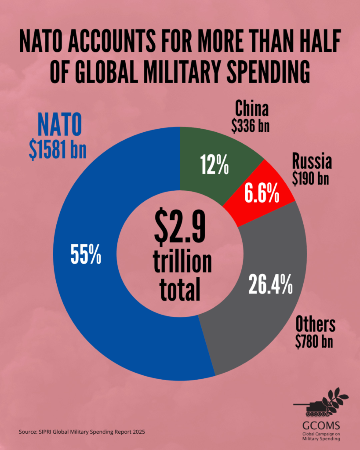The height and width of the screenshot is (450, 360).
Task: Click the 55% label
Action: coord(86,255)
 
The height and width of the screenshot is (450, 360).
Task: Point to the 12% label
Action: coord(215,165)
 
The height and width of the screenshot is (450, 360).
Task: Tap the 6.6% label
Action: coord(262,193)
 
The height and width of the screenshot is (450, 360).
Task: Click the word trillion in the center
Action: coord(182,262)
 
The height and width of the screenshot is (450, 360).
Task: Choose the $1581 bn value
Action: coord(57,149)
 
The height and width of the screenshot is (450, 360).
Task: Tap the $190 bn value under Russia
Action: coord(312,179)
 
